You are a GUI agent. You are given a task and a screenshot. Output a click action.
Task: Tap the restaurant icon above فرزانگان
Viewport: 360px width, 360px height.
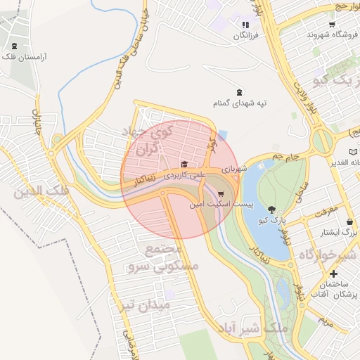[245, 25]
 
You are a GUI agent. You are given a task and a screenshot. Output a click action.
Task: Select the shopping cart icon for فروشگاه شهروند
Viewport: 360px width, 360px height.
[332, 24]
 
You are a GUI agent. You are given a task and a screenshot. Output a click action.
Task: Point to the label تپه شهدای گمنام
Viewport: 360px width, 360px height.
[241, 103]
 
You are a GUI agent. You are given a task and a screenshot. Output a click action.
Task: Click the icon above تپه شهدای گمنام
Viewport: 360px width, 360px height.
[240, 91]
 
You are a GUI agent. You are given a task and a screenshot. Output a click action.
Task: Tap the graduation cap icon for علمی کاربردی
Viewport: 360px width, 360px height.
[184, 164]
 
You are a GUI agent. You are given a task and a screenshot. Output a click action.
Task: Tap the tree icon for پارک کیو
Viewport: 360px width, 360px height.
[272, 210]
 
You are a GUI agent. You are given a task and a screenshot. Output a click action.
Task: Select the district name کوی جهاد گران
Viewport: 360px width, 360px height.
[147, 141]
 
